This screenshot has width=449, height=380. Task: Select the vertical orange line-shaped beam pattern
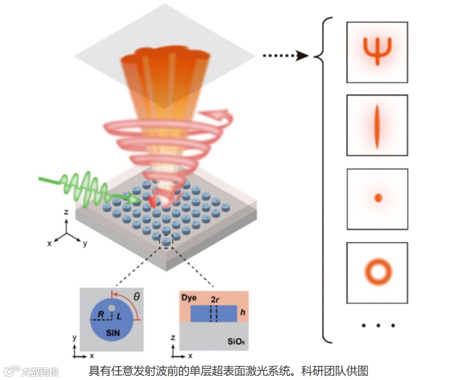(377, 126)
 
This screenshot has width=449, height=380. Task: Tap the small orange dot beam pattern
(378, 198)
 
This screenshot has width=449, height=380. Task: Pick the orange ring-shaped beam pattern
(378, 271)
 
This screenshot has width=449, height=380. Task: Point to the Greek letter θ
(137, 296)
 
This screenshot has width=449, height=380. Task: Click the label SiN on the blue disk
(113, 333)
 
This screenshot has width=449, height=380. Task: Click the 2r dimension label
(215, 299)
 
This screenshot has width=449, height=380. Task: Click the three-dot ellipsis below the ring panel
(377, 325)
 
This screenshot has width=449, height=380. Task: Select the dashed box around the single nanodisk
(166, 242)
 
